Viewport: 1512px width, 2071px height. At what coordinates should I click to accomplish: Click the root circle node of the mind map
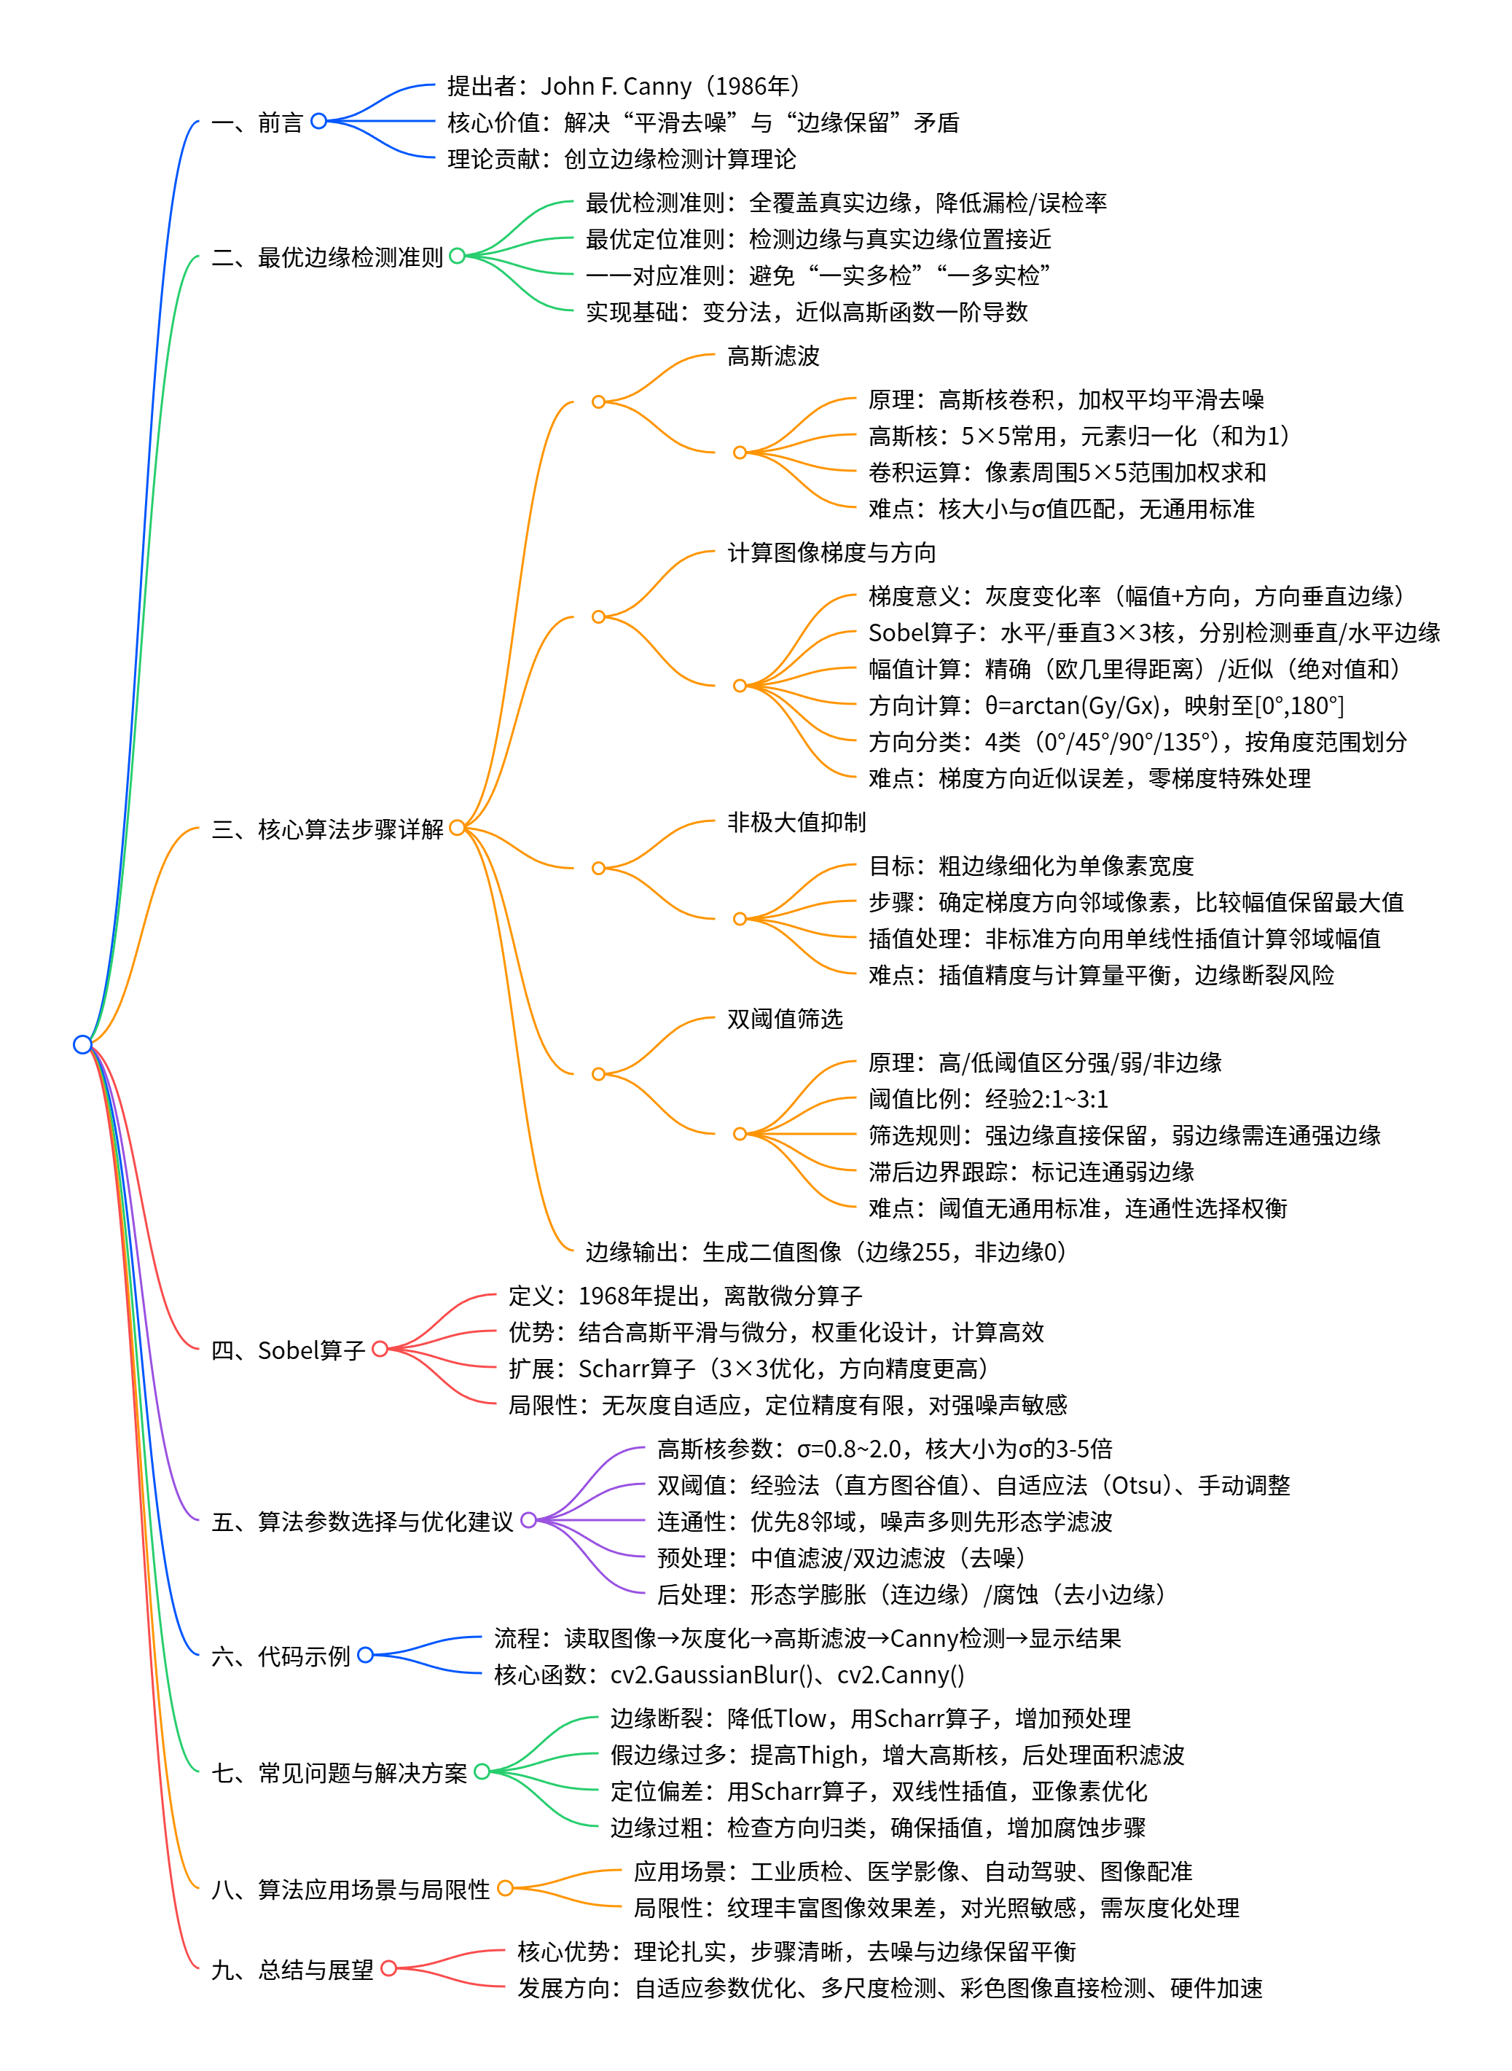(82, 1044)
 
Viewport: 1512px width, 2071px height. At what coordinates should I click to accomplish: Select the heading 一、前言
(256, 122)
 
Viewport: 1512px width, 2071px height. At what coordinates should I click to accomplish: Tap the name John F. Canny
(616, 87)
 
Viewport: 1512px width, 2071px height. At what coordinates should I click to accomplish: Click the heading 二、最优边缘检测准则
(326, 257)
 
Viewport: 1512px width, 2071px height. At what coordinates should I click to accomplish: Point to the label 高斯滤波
(772, 356)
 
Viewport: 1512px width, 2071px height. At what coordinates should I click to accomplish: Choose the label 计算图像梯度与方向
(831, 553)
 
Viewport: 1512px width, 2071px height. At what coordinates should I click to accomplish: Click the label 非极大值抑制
(796, 822)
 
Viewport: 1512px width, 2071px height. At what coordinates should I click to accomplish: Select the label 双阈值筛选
(784, 1019)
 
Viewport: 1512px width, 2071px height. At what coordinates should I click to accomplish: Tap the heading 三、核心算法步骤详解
(326, 829)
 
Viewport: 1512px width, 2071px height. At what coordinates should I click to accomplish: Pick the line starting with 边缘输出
(826, 1252)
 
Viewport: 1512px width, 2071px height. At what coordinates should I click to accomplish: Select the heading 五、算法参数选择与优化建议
(361, 1521)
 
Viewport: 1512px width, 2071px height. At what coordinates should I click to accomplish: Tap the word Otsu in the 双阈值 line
(1137, 1485)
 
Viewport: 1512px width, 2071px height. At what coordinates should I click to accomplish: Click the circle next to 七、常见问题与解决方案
(482, 1771)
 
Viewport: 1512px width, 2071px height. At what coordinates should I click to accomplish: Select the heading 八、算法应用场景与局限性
(350, 1889)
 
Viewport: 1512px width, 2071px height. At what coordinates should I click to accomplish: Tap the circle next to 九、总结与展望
(389, 1968)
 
